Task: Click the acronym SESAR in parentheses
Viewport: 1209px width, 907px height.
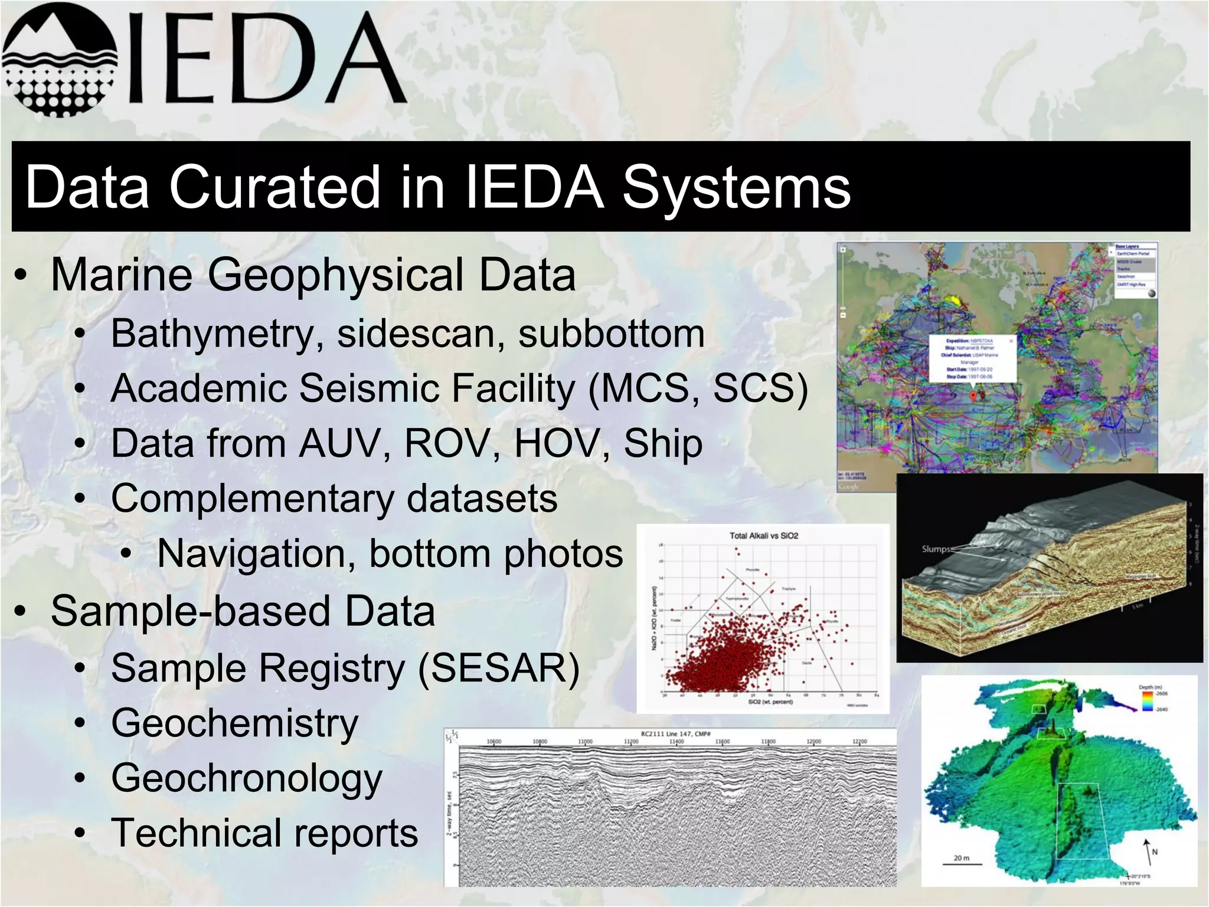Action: click(499, 668)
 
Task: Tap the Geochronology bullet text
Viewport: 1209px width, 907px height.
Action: click(247, 778)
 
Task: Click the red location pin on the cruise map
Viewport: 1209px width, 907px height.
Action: click(973, 396)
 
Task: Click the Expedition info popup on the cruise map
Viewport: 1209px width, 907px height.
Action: click(972, 358)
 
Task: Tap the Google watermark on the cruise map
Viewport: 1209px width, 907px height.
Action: click(849, 487)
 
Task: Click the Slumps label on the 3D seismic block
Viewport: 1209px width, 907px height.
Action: click(936, 549)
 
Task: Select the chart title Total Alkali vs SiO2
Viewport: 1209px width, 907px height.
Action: click(763, 536)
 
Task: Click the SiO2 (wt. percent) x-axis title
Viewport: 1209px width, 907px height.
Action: click(770, 702)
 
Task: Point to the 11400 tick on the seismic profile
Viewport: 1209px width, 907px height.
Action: click(677, 742)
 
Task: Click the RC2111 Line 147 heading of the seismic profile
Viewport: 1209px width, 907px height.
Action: click(675, 733)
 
